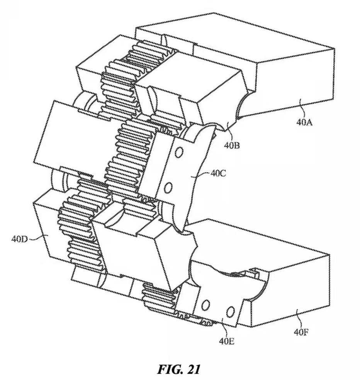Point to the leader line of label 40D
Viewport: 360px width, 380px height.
click(x=36, y=237)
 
